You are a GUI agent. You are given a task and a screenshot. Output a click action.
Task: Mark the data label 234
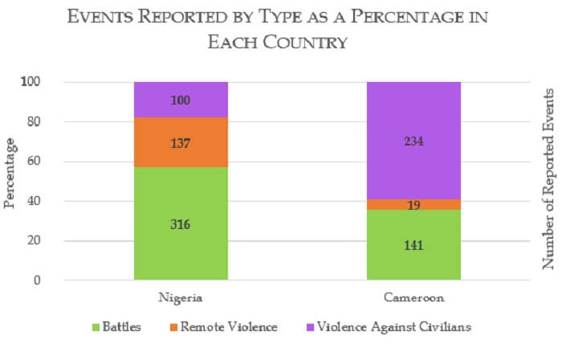pos(413,141)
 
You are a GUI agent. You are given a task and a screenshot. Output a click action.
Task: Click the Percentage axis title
pos(11,174)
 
